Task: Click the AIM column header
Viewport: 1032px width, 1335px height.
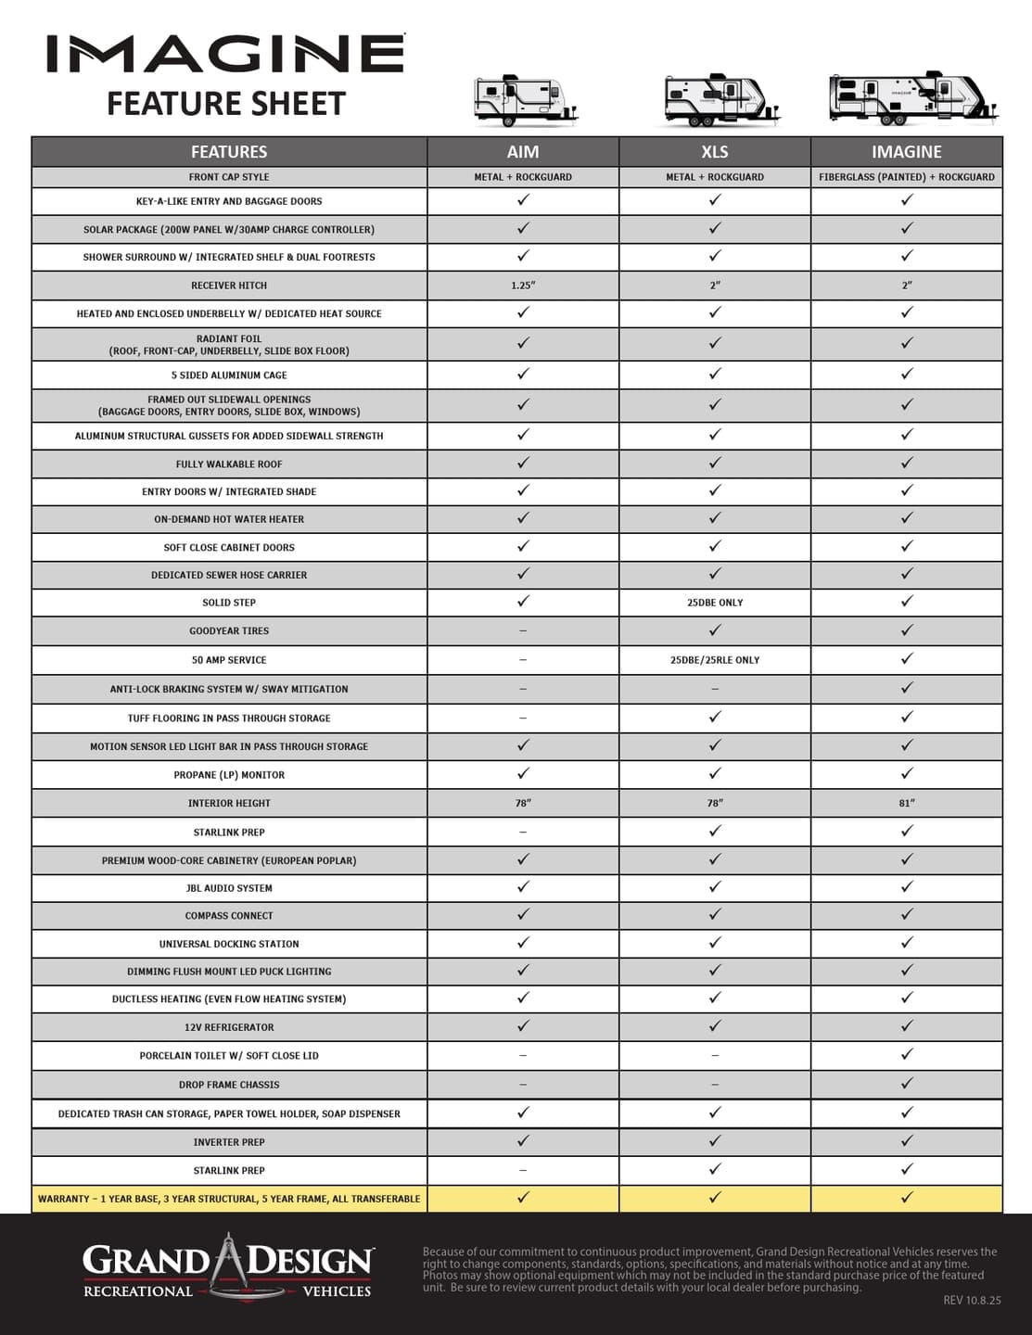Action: click(x=523, y=152)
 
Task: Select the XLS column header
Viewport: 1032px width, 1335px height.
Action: click(x=715, y=152)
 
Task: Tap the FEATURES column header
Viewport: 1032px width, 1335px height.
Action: click(x=229, y=152)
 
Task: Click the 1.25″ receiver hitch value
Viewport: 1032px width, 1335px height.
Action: click(x=523, y=286)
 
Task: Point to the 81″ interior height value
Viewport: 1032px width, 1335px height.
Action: click(x=906, y=803)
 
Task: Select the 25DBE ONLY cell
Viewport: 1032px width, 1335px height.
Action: click(x=715, y=603)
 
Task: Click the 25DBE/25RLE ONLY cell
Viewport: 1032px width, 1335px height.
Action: click(x=715, y=660)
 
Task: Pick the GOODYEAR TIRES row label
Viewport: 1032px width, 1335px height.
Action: click(x=229, y=631)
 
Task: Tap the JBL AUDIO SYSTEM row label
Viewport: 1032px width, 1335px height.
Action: click(x=229, y=888)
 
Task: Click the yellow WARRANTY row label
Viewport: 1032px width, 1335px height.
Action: click(x=229, y=1199)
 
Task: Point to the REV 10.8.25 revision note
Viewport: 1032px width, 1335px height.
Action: click(x=973, y=1301)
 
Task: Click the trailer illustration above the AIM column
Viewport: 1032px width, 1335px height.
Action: click(x=525, y=100)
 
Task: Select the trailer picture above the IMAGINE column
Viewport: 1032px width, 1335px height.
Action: click(x=913, y=97)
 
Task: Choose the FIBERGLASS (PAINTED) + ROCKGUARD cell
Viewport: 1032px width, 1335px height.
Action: click(x=906, y=177)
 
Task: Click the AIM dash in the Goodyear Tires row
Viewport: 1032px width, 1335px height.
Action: click(x=523, y=631)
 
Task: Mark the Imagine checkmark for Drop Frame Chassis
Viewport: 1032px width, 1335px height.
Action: click(x=907, y=1083)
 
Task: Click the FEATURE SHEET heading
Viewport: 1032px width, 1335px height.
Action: click(x=226, y=104)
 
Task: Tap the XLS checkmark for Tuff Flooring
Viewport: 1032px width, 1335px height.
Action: click(x=715, y=717)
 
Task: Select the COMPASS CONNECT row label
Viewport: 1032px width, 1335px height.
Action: click(x=229, y=916)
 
